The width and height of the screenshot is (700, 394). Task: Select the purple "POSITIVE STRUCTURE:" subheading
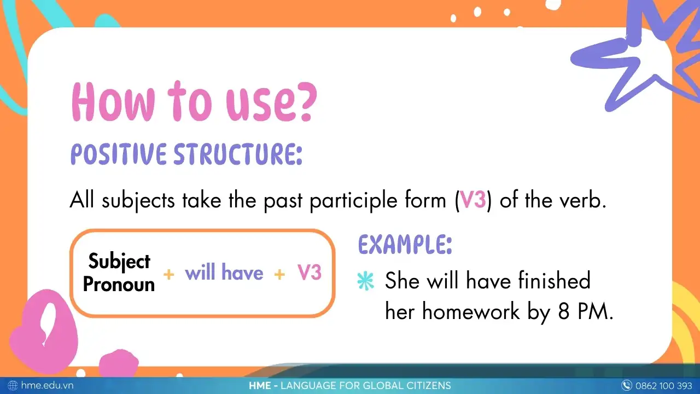(x=186, y=154)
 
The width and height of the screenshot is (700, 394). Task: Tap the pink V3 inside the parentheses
(x=472, y=201)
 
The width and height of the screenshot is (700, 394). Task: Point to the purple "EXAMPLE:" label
(x=405, y=245)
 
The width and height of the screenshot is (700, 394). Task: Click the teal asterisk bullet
(x=365, y=281)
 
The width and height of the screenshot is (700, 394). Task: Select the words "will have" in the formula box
(x=224, y=273)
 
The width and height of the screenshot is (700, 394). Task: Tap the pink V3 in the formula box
(x=309, y=273)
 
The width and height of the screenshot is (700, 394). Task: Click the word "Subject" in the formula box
(x=119, y=262)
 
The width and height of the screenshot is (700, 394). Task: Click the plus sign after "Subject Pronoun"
(x=169, y=274)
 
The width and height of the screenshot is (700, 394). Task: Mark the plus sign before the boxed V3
(x=279, y=274)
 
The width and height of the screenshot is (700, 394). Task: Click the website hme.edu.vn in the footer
(x=47, y=386)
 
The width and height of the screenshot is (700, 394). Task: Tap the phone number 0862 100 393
(x=664, y=386)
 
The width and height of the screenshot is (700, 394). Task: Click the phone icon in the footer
(x=627, y=386)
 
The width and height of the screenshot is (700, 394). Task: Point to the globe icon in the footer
(x=13, y=386)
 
